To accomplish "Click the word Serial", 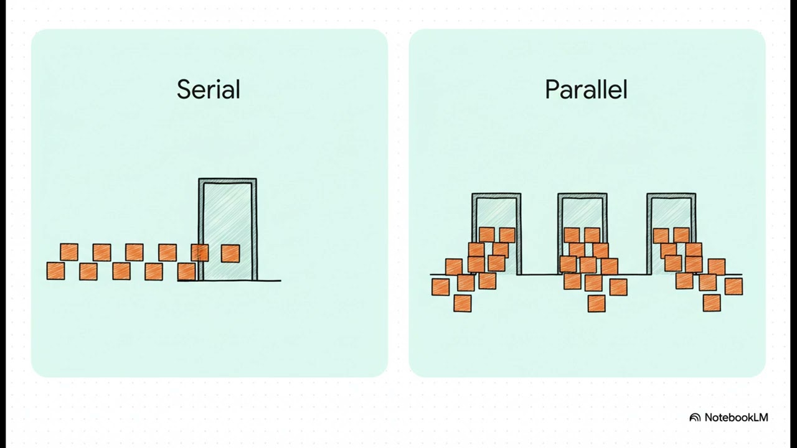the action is [209, 89].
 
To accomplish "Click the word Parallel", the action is [586, 89].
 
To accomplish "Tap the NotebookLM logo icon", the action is [695, 418].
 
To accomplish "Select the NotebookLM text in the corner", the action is [736, 418].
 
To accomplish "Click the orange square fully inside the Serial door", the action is [230, 253].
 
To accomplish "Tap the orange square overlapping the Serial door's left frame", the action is [200, 253].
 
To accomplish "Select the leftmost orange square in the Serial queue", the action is [56, 271].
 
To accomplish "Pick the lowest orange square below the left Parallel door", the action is [463, 303].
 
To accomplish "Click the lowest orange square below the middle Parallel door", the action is [597, 304].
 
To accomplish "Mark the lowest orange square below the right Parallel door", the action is [712, 303].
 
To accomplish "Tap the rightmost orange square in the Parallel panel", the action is [733, 287].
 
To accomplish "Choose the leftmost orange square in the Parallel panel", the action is [440, 287].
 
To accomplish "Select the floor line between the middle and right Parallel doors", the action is [627, 274].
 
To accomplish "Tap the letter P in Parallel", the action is [552, 90].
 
